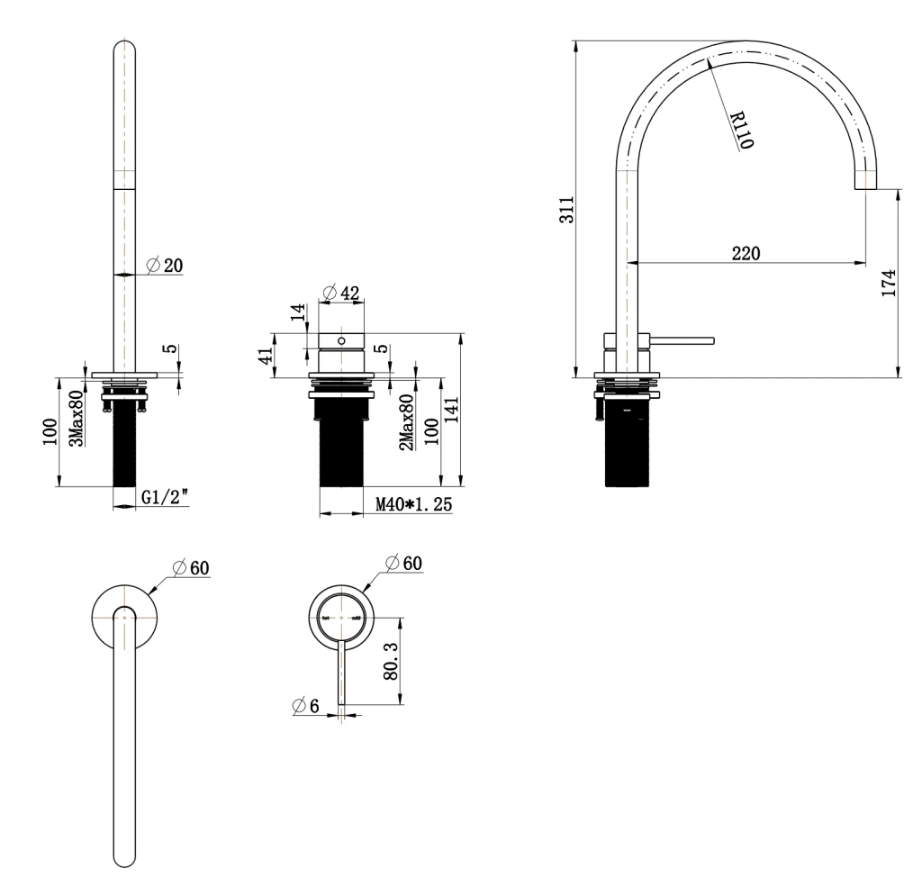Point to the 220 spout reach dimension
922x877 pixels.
[745, 253]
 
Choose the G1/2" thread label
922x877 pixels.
[165, 497]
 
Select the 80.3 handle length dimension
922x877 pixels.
[392, 660]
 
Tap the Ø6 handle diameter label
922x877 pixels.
[306, 707]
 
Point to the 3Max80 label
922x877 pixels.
[78, 416]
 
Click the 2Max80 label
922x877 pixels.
[406, 422]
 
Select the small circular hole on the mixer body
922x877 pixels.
[341, 341]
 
